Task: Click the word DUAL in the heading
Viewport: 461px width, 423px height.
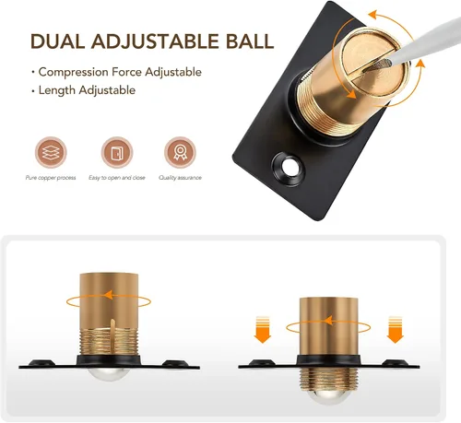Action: point(57,41)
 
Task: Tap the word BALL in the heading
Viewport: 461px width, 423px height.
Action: point(250,41)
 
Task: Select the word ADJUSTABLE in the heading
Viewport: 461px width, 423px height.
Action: point(156,41)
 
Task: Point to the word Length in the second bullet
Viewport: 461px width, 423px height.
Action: point(57,90)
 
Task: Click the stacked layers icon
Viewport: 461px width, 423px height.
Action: point(51,152)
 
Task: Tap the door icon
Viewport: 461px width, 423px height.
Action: point(117,152)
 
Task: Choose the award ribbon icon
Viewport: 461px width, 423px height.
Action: point(180,152)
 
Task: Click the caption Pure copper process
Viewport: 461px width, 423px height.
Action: point(51,178)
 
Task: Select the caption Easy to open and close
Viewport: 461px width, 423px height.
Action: point(117,178)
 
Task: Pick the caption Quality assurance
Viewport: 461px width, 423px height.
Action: point(180,178)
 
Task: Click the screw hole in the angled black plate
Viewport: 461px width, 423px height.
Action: point(289,168)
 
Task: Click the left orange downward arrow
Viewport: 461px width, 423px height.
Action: point(263,329)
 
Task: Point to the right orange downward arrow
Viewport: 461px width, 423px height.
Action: point(395,329)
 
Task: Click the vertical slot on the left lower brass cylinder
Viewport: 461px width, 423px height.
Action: point(112,336)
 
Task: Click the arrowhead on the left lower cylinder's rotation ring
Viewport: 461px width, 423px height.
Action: point(109,296)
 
